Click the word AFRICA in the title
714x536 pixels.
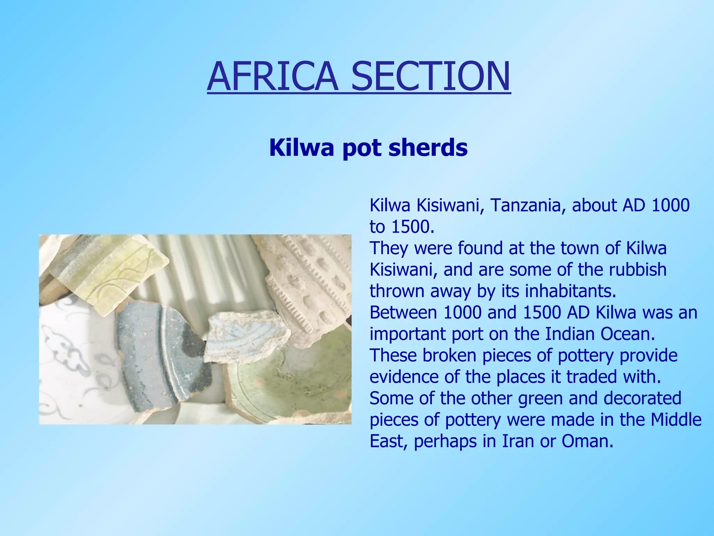tap(272, 77)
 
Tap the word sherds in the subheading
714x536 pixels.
tap(428, 148)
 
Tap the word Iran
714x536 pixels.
tap(518, 441)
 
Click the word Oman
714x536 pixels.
tap(587, 441)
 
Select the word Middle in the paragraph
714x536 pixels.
tap(676, 420)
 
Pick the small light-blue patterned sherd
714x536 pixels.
tap(244, 335)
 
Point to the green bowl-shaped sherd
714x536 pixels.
tap(289, 387)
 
